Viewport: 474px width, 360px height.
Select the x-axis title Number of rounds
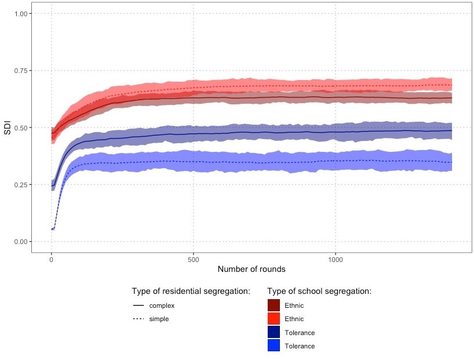coord(251,270)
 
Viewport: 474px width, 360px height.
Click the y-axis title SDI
coord(8,128)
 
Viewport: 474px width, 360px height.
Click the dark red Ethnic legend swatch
coord(274,306)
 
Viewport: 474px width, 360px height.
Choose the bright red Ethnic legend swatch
coord(274,319)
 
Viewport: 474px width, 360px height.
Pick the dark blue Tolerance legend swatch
coord(274,332)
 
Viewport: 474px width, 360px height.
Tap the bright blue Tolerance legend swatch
coord(274,346)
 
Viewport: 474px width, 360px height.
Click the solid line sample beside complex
coord(138,306)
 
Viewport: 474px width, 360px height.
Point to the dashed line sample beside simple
coord(138,319)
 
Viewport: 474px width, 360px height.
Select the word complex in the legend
coord(162,306)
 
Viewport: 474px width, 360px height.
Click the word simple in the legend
coord(159,319)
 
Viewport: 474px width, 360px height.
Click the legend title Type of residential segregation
coord(191,291)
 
